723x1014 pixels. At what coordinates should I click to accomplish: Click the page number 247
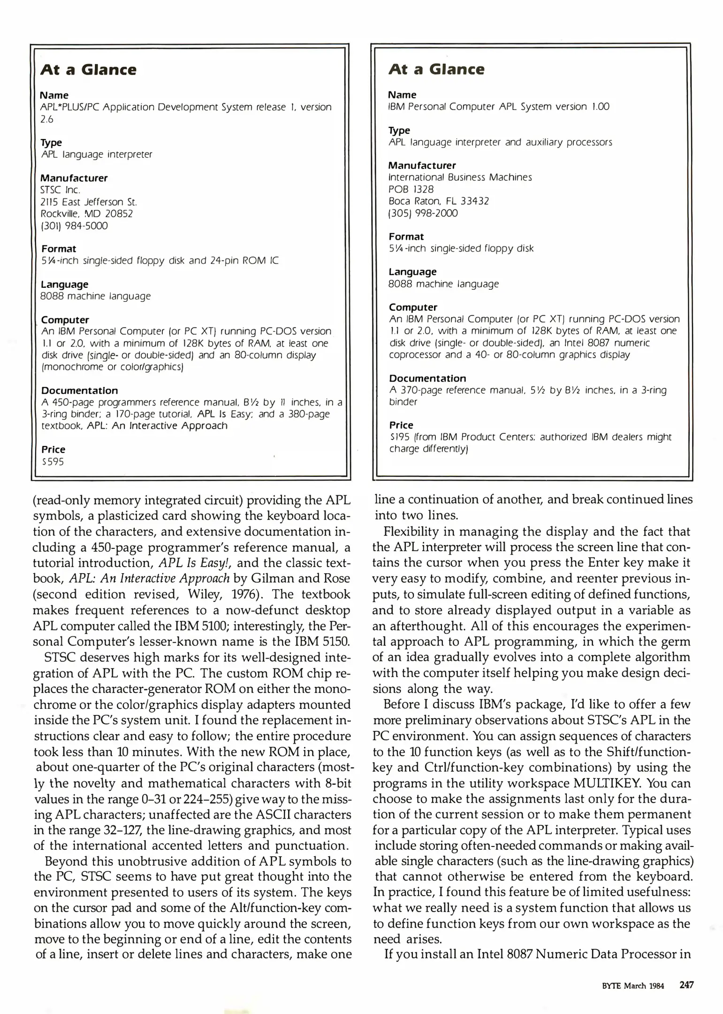coord(686,985)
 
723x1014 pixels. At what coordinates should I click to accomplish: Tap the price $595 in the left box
coord(53,462)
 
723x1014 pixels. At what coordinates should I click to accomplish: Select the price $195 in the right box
coord(399,437)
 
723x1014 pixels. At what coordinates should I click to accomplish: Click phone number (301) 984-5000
coord(74,226)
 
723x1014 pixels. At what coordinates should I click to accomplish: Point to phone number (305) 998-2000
coord(423,213)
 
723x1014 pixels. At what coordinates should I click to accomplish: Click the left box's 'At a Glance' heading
coord(88,70)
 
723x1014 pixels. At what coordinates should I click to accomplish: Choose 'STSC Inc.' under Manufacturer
coord(61,190)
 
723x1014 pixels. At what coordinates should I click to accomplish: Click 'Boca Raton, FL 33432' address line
coord(439,201)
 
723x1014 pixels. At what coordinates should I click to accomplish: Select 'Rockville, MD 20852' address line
coord(87,214)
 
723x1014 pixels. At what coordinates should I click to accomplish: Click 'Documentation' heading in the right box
coord(427,378)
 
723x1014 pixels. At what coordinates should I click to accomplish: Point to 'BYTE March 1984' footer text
coord(632,986)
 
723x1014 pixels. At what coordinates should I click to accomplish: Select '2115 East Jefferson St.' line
coord(89,202)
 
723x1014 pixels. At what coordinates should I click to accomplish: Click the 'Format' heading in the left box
coord(59,249)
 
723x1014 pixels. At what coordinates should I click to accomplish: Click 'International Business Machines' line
coord(460,177)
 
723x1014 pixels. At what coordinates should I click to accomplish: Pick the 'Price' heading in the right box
coord(401,425)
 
